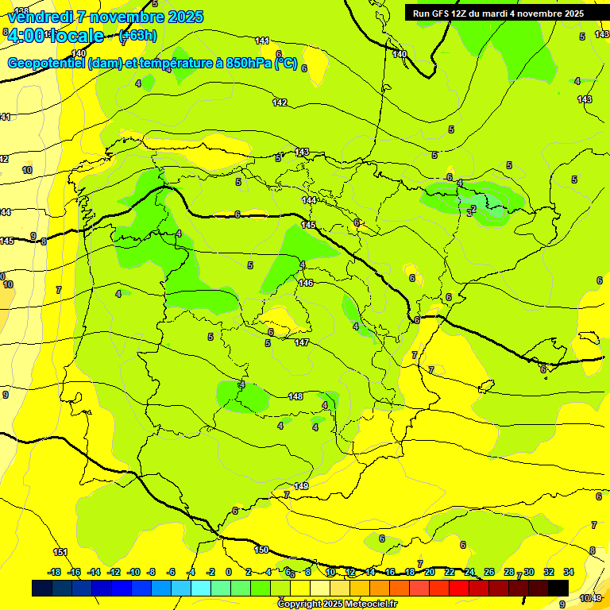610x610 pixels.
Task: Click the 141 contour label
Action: pyautogui.click(x=262, y=40)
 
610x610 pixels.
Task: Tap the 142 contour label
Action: pyautogui.click(x=280, y=102)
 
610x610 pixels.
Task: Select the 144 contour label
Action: pyautogui.click(x=309, y=201)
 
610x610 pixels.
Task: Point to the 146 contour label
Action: pyautogui.click(x=306, y=283)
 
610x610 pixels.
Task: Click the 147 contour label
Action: pyautogui.click(x=301, y=342)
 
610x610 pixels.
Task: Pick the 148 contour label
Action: pyautogui.click(x=295, y=396)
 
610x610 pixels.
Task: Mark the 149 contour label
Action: pyautogui.click(x=301, y=486)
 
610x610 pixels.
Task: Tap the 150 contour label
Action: pyautogui.click(x=261, y=550)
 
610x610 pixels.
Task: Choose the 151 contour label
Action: pyautogui.click(x=60, y=552)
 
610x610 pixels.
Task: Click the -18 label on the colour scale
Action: pyautogui.click(x=55, y=572)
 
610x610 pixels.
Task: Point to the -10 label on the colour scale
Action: pyautogui.click(x=133, y=572)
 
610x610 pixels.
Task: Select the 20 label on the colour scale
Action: pyautogui.click(x=430, y=572)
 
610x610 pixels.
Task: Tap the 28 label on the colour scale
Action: pyautogui.click(x=508, y=572)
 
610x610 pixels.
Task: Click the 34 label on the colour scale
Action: pyautogui.click(x=569, y=572)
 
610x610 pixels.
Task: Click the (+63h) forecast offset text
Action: pyautogui.click(x=137, y=36)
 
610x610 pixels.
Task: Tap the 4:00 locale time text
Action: pyautogui.click(x=56, y=36)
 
